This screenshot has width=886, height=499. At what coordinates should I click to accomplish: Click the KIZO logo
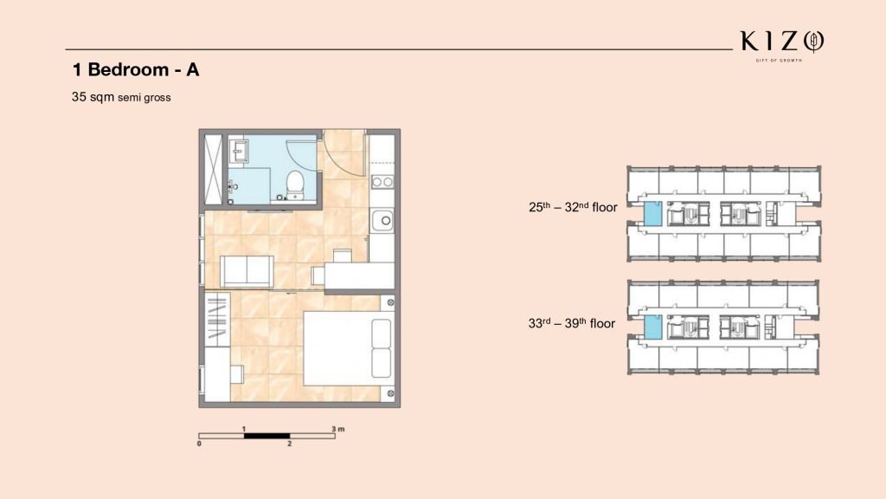point(782,43)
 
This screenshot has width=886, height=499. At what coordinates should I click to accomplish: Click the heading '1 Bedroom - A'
point(136,69)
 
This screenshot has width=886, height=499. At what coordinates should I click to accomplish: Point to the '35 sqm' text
point(93,97)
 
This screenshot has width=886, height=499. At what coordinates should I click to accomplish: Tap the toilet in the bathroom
point(295,185)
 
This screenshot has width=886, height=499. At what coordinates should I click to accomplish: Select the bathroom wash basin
point(239,151)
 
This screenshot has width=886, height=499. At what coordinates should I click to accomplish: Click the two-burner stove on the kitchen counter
point(382,182)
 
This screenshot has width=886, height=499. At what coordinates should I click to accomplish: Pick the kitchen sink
point(382,220)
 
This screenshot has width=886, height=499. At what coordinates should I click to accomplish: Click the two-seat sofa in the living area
point(247,271)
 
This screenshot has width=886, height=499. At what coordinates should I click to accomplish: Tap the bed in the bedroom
point(349,348)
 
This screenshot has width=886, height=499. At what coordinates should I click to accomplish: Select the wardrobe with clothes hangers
point(217,320)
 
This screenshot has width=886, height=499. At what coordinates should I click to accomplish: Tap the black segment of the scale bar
point(266,436)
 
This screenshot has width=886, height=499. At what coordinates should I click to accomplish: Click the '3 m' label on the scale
point(338,429)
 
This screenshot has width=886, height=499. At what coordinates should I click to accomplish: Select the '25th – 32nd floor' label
point(573,207)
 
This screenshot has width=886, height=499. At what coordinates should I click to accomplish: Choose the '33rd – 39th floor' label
point(572,323)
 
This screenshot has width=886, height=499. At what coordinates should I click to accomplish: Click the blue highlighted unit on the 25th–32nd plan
point(652,215)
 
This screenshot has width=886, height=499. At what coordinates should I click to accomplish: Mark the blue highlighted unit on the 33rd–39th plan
point(652,327)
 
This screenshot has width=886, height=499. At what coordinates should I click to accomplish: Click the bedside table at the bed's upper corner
point(389,302)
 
